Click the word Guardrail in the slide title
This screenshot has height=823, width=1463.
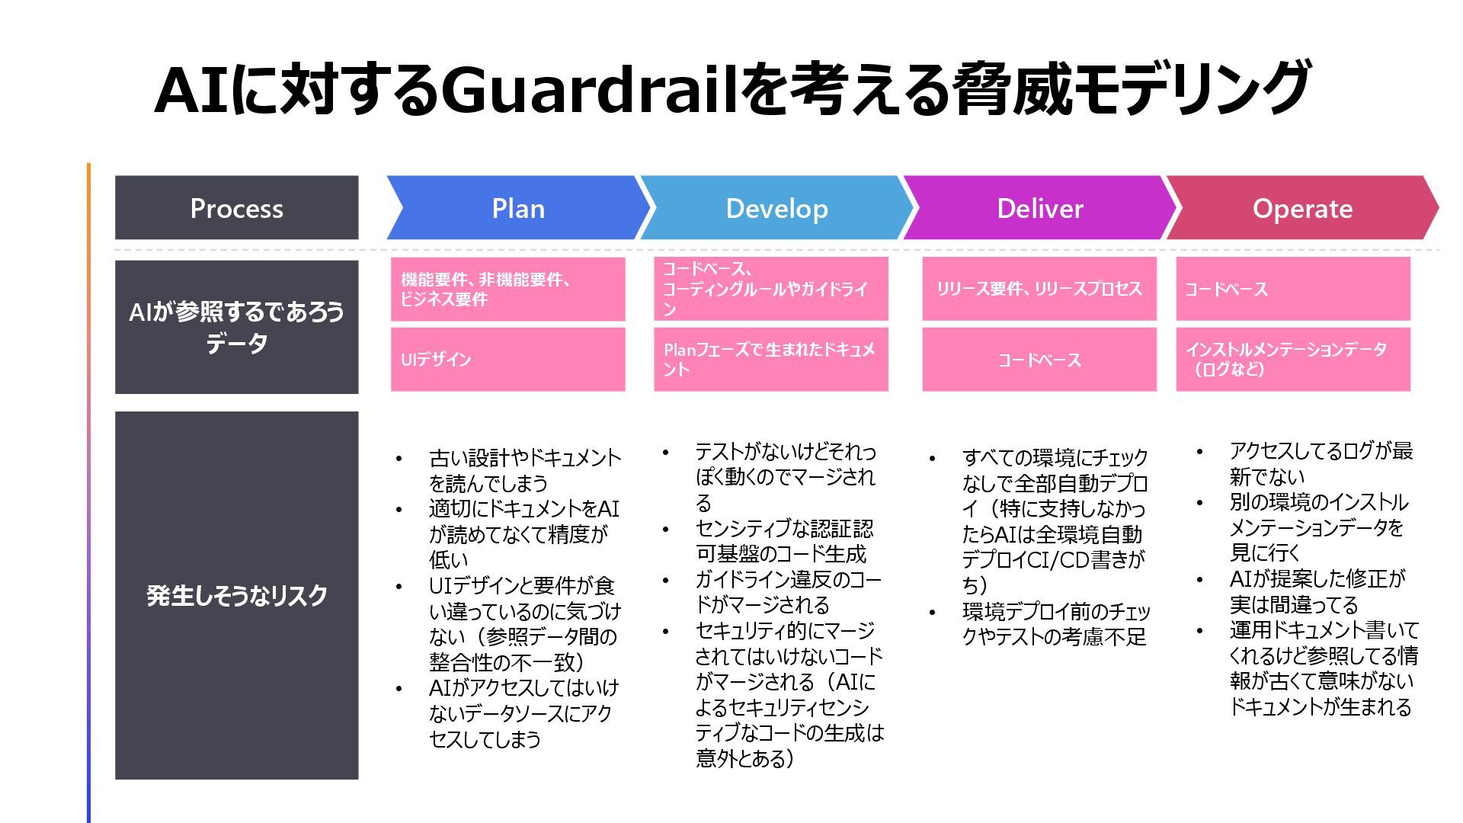pos(594,90)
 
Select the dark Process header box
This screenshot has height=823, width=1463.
pos(236,208)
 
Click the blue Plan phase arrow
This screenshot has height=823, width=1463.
pos(517,208)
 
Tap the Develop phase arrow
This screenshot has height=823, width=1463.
pos(776,208)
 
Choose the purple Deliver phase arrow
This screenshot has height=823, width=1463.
pos(1039,208)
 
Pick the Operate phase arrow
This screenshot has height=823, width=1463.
pos(1301,208)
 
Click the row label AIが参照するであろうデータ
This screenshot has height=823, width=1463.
pos(236,327)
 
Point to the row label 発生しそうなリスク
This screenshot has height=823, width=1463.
pos(236,595)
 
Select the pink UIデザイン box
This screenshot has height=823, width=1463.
pos(507,359)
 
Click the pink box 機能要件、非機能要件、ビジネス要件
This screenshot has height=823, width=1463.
pos(507,289)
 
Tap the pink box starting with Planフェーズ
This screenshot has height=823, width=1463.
pos(770,359)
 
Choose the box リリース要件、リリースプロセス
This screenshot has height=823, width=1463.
pos(1039,289)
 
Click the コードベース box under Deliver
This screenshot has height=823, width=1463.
pos(1039,360)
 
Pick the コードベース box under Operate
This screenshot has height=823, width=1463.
pos(1292,289)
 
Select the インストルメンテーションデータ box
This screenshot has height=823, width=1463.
pos(1292,359)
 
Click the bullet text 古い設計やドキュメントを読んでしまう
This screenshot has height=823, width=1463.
pos(524,470)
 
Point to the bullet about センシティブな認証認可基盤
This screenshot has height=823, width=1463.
pos(783,541)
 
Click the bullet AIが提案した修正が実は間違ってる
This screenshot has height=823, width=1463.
pos(1316,591)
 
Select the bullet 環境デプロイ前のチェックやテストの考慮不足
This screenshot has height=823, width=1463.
pos(1055,624)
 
